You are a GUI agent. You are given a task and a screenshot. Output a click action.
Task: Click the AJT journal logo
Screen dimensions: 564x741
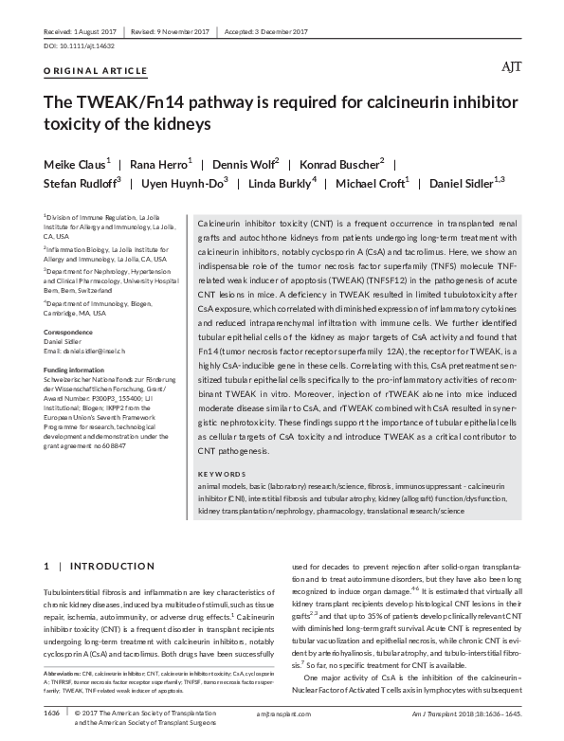[510, 69]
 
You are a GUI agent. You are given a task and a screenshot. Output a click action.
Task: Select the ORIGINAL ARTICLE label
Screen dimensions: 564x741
[96, 71]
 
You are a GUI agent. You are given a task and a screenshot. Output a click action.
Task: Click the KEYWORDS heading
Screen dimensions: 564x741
[222, 473]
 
